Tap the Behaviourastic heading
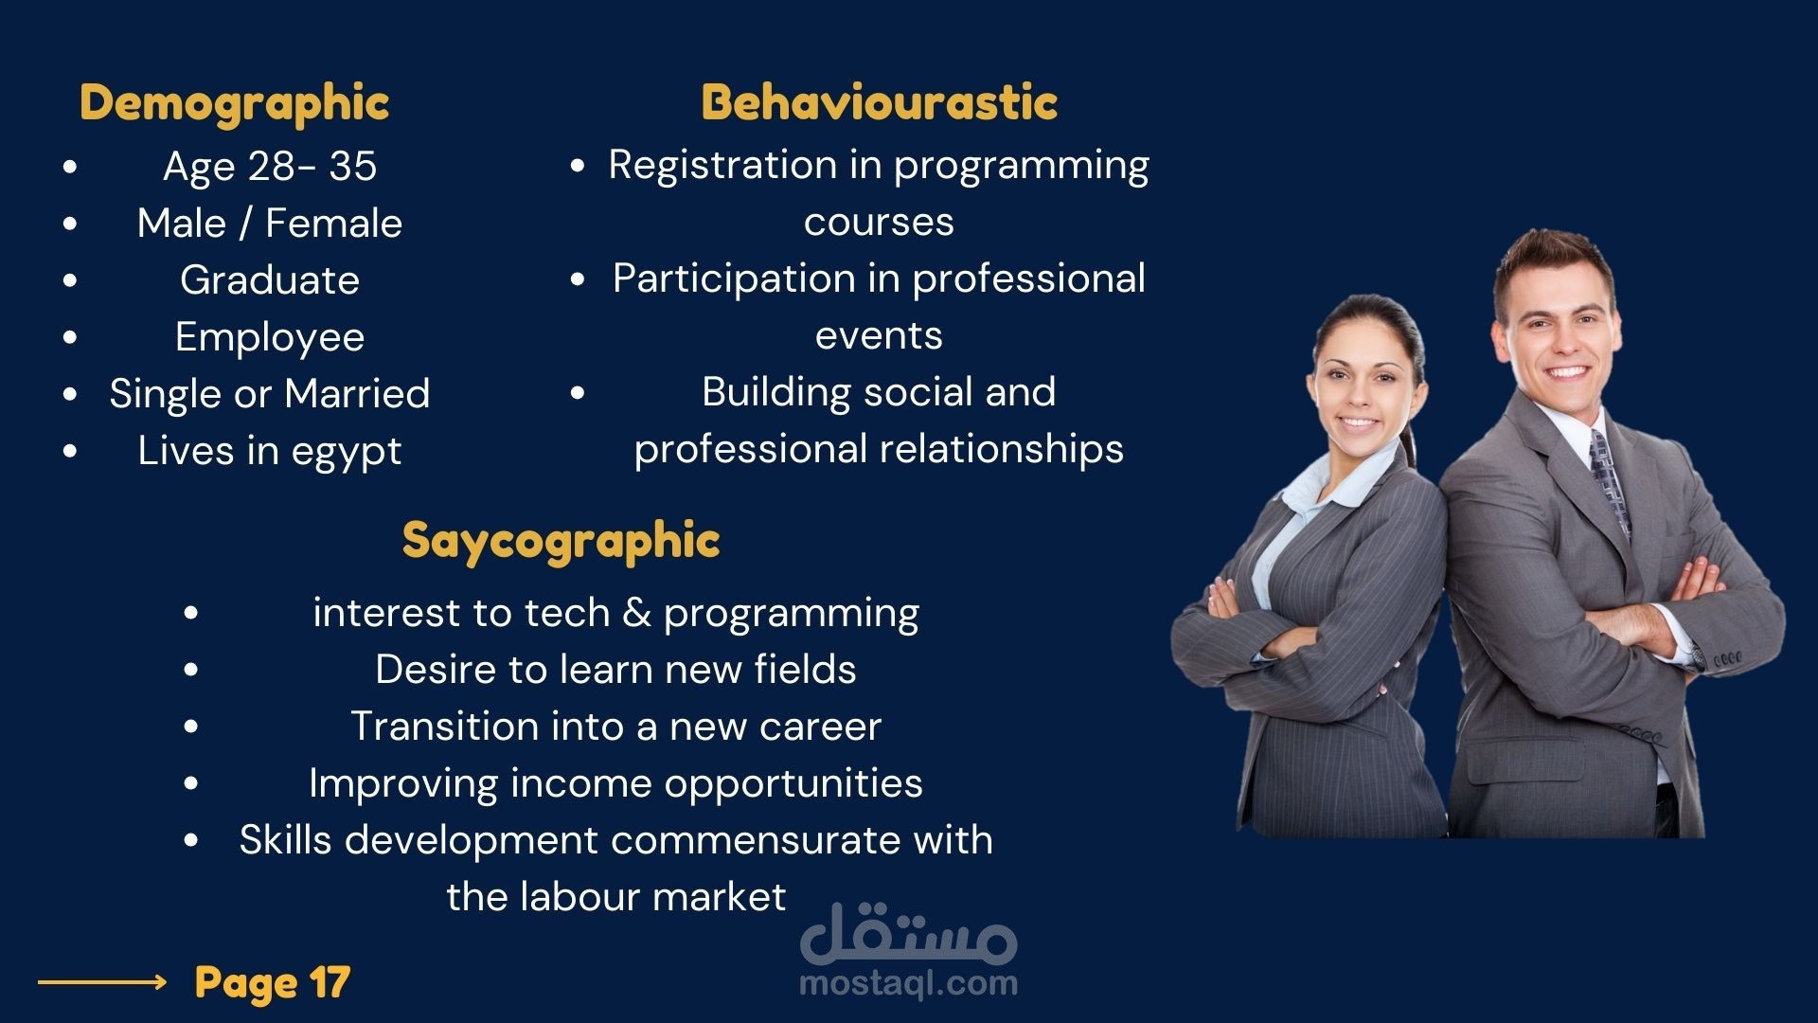pyautogui.click(x=879, y=102)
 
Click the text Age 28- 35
pyautogui.click(x=270, y=167)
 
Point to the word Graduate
pyautogui.click(x=270, y=280)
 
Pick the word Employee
pyautogui.click(x=270, y=338)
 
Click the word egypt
pyautogui.click(x=347, y=453)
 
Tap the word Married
pyautogui.click(x=357, y=394)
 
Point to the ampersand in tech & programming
pyautogui.click(x=636, y=614)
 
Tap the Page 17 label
pyautogui.click(x=272, y=983)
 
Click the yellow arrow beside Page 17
pyautogui.click(x=102, y=982)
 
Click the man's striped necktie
pyautogui.click(x=1609, y=478)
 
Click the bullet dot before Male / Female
pyautogui.click(x=70, y=224)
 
